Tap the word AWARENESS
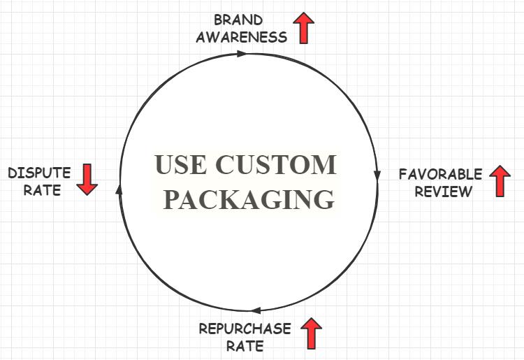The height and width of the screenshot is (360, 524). (x=241, y=36)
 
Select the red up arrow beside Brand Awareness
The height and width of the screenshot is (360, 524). (x=304, y=27)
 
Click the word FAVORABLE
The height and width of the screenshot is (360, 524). (x=440, y=174)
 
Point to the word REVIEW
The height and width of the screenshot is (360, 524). (x=444, y=191)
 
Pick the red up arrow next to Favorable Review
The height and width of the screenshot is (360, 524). (x=500, y=181)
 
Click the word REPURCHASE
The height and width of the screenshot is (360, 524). (x=245, y=329)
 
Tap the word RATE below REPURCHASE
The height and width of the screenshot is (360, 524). (x=245, y=345)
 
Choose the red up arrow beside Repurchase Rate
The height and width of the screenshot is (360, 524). (x=311, y=333)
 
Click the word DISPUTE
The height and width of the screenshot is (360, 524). (x=39, y=173)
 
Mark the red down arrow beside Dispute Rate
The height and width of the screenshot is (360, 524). (x=87, y=179)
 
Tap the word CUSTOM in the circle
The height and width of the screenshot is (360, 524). (x=276, y=166)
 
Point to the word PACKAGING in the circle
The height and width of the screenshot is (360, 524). (x=248, y=199)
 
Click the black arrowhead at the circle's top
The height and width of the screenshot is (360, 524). (x=242, y=53)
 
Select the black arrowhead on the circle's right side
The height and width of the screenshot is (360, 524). (x=377, y=175)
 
